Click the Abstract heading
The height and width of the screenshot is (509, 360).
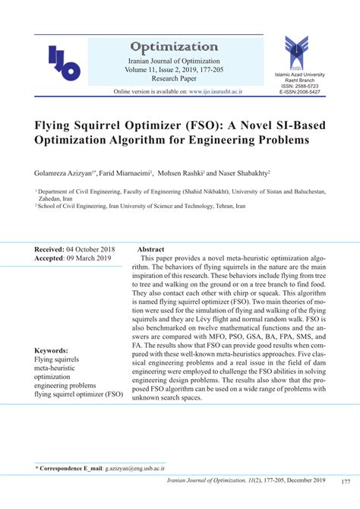point(150,249)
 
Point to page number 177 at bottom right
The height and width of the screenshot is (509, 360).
point(346,482)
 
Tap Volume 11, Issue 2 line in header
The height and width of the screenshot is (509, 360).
point(152,70)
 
